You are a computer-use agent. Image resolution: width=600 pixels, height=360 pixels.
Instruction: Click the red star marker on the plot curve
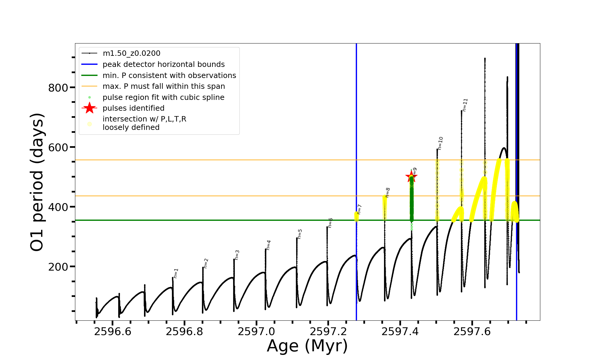[411, 176]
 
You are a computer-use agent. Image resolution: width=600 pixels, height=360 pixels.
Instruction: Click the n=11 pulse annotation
[465, 105]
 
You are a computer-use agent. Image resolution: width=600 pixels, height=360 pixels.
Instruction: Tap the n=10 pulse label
[440, 143]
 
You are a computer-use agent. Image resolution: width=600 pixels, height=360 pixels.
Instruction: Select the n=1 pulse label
[176, 273]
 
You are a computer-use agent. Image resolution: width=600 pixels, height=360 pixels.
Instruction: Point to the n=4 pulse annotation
[268, 245]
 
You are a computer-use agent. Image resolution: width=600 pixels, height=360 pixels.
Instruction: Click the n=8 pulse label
[388, 193]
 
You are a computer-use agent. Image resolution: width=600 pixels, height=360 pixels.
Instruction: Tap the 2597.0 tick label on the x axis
[256, 332]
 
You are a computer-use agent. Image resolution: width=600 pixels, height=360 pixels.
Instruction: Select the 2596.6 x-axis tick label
[112, 332]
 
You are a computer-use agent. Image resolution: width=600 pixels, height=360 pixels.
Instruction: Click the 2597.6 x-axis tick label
[472, 332]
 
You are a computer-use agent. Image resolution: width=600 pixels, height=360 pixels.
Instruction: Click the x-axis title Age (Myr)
[307, 346]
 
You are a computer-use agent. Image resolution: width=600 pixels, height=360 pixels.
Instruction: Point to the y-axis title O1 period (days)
[37, 182]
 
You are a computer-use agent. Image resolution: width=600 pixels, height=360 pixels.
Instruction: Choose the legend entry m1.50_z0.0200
[131, 53]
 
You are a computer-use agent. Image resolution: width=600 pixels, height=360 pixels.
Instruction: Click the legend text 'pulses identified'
[133, 108]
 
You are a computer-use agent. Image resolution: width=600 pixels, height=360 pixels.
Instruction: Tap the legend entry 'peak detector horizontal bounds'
[163, 64]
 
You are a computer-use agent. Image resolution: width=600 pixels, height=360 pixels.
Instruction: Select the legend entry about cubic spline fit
[163, 97]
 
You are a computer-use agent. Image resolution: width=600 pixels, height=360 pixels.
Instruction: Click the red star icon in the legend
[89, 108]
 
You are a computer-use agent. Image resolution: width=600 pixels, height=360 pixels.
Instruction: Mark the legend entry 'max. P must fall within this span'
[164, 86]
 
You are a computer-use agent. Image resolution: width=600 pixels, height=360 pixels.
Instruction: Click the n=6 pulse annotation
[330, 223]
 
